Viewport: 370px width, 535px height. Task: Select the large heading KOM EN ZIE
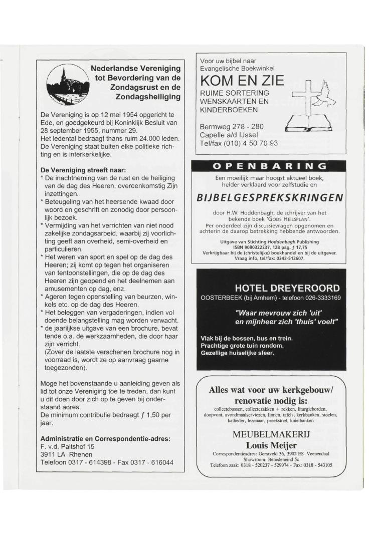tap(242, 81)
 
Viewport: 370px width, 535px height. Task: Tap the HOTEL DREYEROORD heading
tap(287, 288)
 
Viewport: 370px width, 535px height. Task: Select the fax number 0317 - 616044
tap(153, 461)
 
